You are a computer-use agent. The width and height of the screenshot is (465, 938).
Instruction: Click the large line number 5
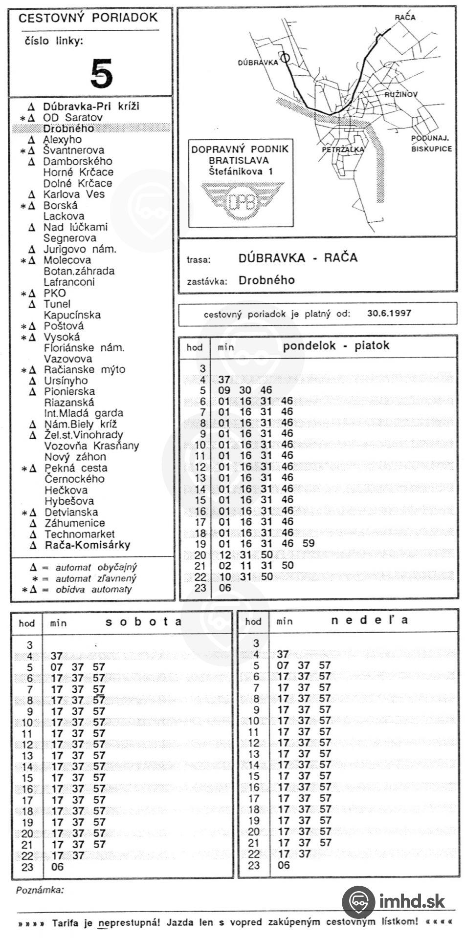pyautogui.click(x=102, y=73)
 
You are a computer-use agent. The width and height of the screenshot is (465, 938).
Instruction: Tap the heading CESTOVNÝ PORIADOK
pyautogui.click(x=88, y=18)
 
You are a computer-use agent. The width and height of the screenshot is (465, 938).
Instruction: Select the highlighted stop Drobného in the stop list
pyautogui.click(x=68, y=128)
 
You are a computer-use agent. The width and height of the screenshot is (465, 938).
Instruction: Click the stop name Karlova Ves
pyautogui.click(x=74, y=194)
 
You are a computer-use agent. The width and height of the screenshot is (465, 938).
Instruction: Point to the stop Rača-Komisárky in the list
pyautogui.click(x=88, y=545)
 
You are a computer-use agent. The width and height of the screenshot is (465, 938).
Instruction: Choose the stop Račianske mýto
pyautogui.click(x=84, y=369)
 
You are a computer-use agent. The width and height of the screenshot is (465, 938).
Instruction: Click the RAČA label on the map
pyautogui.click(x=405, y=18)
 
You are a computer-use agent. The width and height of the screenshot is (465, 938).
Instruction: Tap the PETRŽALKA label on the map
pyautogui.click(x=343, y=149)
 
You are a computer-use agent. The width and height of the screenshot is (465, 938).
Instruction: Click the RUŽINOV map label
pyautogui.click(x=400, y=94)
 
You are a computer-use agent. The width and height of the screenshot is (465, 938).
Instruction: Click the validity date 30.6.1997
pyautogui.click(x=389, y=313)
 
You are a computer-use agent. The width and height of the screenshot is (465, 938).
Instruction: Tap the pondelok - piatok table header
pyautogui.click(x=336, y=345)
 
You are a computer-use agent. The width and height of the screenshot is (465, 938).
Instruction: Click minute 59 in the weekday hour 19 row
pyautogui.click(x=309, y=543)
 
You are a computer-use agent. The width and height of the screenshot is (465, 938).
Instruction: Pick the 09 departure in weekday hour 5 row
pyautogui.click(x=224, y=390)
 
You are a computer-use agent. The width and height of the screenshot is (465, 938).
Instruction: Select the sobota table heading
pyautogui.click(x=144, y=622)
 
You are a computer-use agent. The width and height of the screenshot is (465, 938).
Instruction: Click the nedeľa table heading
pyautogui.click(x=370, y=620)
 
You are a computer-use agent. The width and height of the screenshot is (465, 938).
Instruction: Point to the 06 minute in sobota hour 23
pyautogui.click(x=57, y=867)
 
